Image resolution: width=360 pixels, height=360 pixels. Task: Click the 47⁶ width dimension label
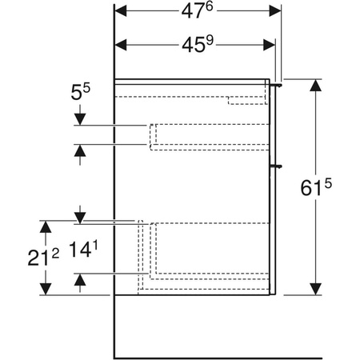pos(199,12)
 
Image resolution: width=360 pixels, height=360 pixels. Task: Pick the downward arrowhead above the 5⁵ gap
pos(78,120)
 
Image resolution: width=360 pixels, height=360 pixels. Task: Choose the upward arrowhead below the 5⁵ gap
pos(78,150)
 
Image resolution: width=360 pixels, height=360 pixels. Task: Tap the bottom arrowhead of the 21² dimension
pos(46,289)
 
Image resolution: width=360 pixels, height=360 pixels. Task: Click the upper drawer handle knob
pos(278,82)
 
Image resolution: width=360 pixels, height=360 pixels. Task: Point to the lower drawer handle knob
pos(278,166)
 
